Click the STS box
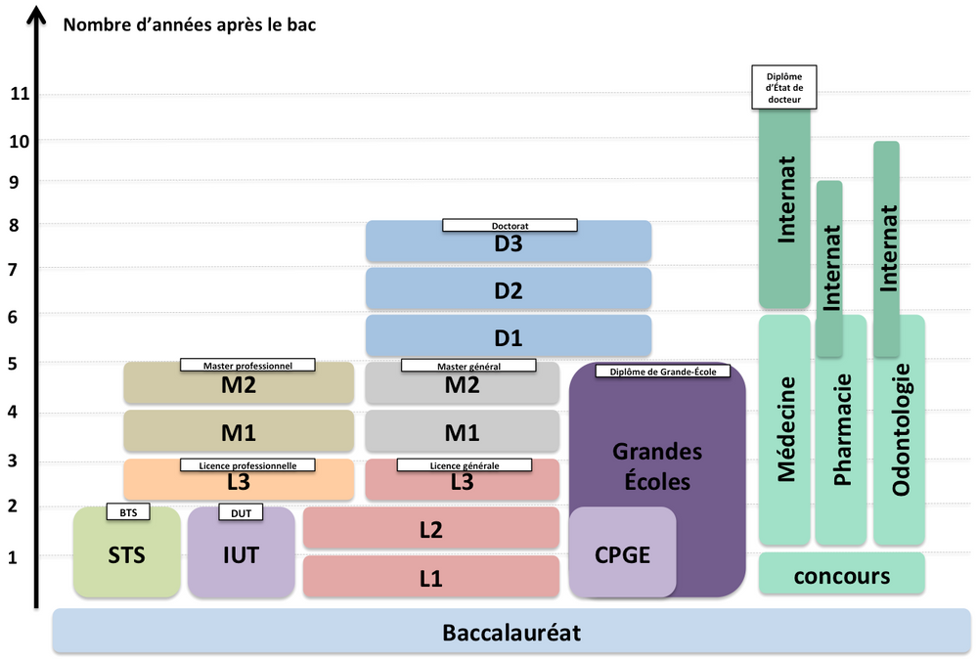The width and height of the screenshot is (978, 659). [127, 554]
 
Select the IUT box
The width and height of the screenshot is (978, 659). [241, 554]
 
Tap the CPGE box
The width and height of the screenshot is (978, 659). [622, 554]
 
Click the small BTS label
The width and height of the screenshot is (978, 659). [128, 512]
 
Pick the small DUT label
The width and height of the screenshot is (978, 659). [241, 512]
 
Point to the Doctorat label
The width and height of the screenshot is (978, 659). [510, 226]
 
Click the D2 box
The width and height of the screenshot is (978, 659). [509, 289]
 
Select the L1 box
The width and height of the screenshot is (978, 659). [430, 578]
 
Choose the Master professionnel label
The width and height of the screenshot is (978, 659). [248, 365]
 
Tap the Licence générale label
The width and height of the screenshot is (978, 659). [464, 465]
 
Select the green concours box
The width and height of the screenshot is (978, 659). [841, 575]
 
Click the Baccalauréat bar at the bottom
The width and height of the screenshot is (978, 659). [511, 633]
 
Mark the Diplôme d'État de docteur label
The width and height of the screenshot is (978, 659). [783, 86]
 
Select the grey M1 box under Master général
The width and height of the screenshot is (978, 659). [462, 431]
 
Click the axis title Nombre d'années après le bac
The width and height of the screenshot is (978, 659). [189, 23]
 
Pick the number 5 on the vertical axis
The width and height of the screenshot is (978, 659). [14, 364]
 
